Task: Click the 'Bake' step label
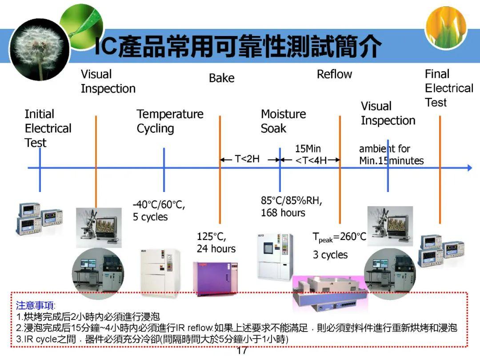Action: (x=221, y=78)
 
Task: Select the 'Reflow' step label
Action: (x=334, y=74)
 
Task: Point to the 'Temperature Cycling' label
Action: (x=170, y=121)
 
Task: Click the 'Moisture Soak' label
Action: (x=283, y=121)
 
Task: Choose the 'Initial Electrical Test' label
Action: (x=48, y=128)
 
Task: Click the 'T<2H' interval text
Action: (x=247, y=159)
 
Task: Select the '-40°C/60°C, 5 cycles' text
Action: (x=159, y=211)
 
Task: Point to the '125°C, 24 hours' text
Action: (x=216, y=243)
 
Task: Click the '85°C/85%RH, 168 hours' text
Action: (x=291, y=207)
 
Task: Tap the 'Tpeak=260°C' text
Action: (x=339, y=237)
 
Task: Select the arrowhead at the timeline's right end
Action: (x=469, y=168)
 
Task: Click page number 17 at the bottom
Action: (x=242, y=351)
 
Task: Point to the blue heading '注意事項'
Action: (x=36, y=306)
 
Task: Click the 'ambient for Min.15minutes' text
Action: (x=391, y=155)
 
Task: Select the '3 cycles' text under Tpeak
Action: (x=330, y=255)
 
